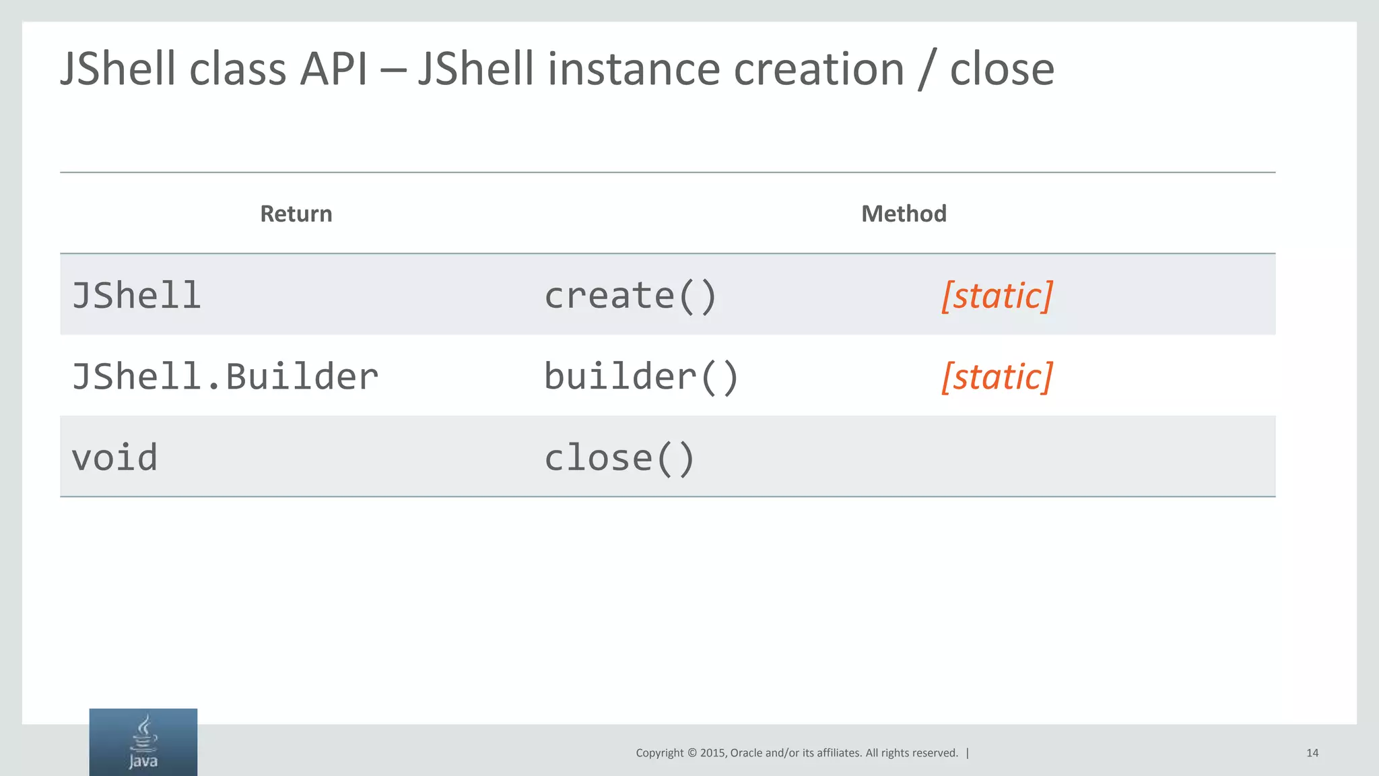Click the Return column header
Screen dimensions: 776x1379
(296, 214)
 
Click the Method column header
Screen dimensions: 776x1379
(904, 214)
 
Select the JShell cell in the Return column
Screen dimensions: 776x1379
(137, 296)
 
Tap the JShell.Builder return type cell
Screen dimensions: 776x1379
(225, 376)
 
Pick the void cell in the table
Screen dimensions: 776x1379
(114, 457)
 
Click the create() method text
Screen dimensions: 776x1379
(630, 296)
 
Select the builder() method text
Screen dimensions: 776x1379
(642, 376)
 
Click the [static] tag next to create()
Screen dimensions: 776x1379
(997, 296)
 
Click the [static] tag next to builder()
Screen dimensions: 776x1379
(997, 377)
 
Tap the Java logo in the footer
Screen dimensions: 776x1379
(143, 742)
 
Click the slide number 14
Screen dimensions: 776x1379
(1312, 753)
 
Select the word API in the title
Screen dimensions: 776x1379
(333, 69)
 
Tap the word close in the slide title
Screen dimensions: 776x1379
(1002, 69)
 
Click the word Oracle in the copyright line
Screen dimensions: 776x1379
(746, 753)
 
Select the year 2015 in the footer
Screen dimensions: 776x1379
(712, 753)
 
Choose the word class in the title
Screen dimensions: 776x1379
(238, 69)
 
